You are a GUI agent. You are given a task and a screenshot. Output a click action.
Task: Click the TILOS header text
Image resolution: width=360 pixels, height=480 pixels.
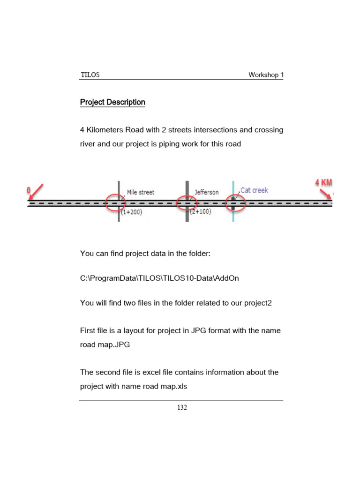coord(90,75)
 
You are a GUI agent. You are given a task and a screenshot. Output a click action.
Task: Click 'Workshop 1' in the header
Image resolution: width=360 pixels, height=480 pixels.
coord(266,75)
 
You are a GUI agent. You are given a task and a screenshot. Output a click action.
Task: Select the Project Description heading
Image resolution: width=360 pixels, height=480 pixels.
coord(112,102)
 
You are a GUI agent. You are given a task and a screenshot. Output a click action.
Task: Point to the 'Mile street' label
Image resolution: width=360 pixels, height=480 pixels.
coord(140,192)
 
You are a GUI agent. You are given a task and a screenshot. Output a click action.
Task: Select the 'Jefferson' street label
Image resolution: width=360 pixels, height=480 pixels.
coord(206,192)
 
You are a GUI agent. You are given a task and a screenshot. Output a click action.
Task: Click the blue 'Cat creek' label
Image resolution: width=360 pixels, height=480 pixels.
coord(254,190)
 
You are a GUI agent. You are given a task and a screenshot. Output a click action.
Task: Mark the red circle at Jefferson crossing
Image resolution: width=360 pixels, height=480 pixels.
coord(187,203)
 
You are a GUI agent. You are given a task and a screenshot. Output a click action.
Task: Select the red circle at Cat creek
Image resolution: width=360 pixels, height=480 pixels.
coord(233,203)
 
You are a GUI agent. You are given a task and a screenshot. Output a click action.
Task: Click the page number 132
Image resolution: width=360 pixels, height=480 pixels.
coord(182,408)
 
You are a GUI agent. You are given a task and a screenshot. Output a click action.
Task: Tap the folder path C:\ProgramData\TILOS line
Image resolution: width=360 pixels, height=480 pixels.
coord(159,278)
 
